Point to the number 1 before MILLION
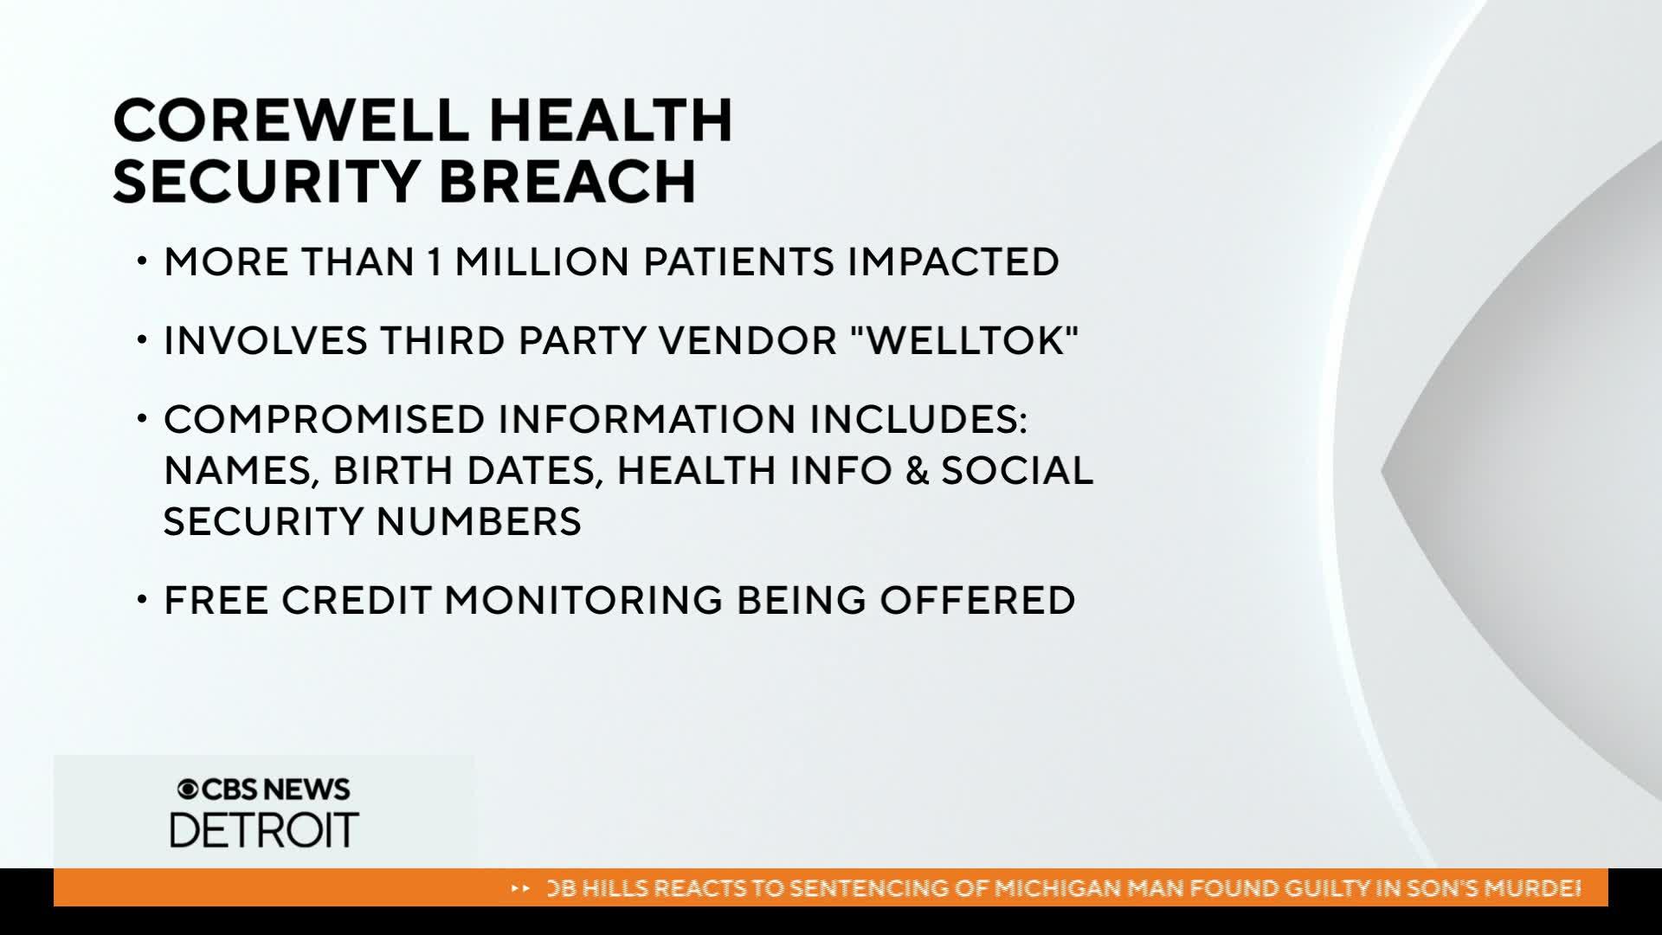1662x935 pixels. (x=435, y=262)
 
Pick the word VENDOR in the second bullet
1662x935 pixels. (x=748, y=341)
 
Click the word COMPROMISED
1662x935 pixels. (x=324, y=420)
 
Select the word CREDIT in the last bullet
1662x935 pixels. (x=357, y=601)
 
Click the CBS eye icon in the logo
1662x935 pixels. (x=187, y=790)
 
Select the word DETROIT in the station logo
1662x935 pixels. (x=264, y=830)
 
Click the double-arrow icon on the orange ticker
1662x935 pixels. (x=521, y=888)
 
